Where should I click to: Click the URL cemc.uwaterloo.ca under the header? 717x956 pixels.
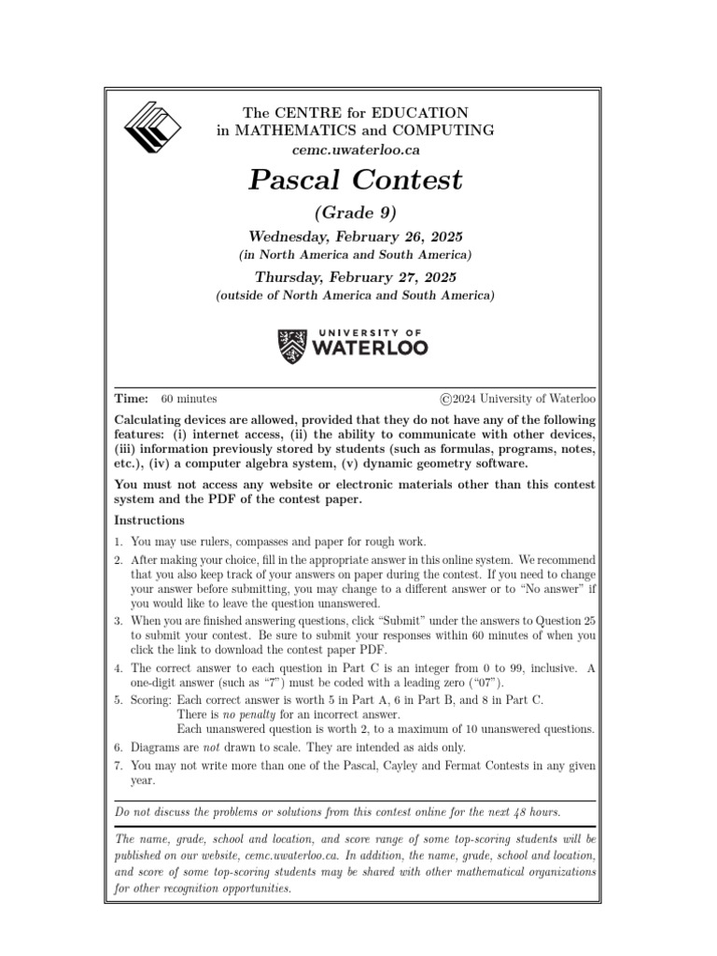point(355,149)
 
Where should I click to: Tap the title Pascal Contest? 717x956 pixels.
point(355,179)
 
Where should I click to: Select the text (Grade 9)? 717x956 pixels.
point(355,213)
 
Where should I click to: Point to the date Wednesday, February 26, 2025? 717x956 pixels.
point(355,237)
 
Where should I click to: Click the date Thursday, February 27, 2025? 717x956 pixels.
point(355,277)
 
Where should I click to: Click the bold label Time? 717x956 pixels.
point(131,399)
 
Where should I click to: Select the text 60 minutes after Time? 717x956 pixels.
point(189,399)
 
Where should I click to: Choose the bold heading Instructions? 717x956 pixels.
point(149,520)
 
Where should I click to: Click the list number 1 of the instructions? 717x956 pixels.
point(119,541)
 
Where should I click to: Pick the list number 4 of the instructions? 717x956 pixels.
point(119,668)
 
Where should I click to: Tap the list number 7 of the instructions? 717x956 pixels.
point(119,766)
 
